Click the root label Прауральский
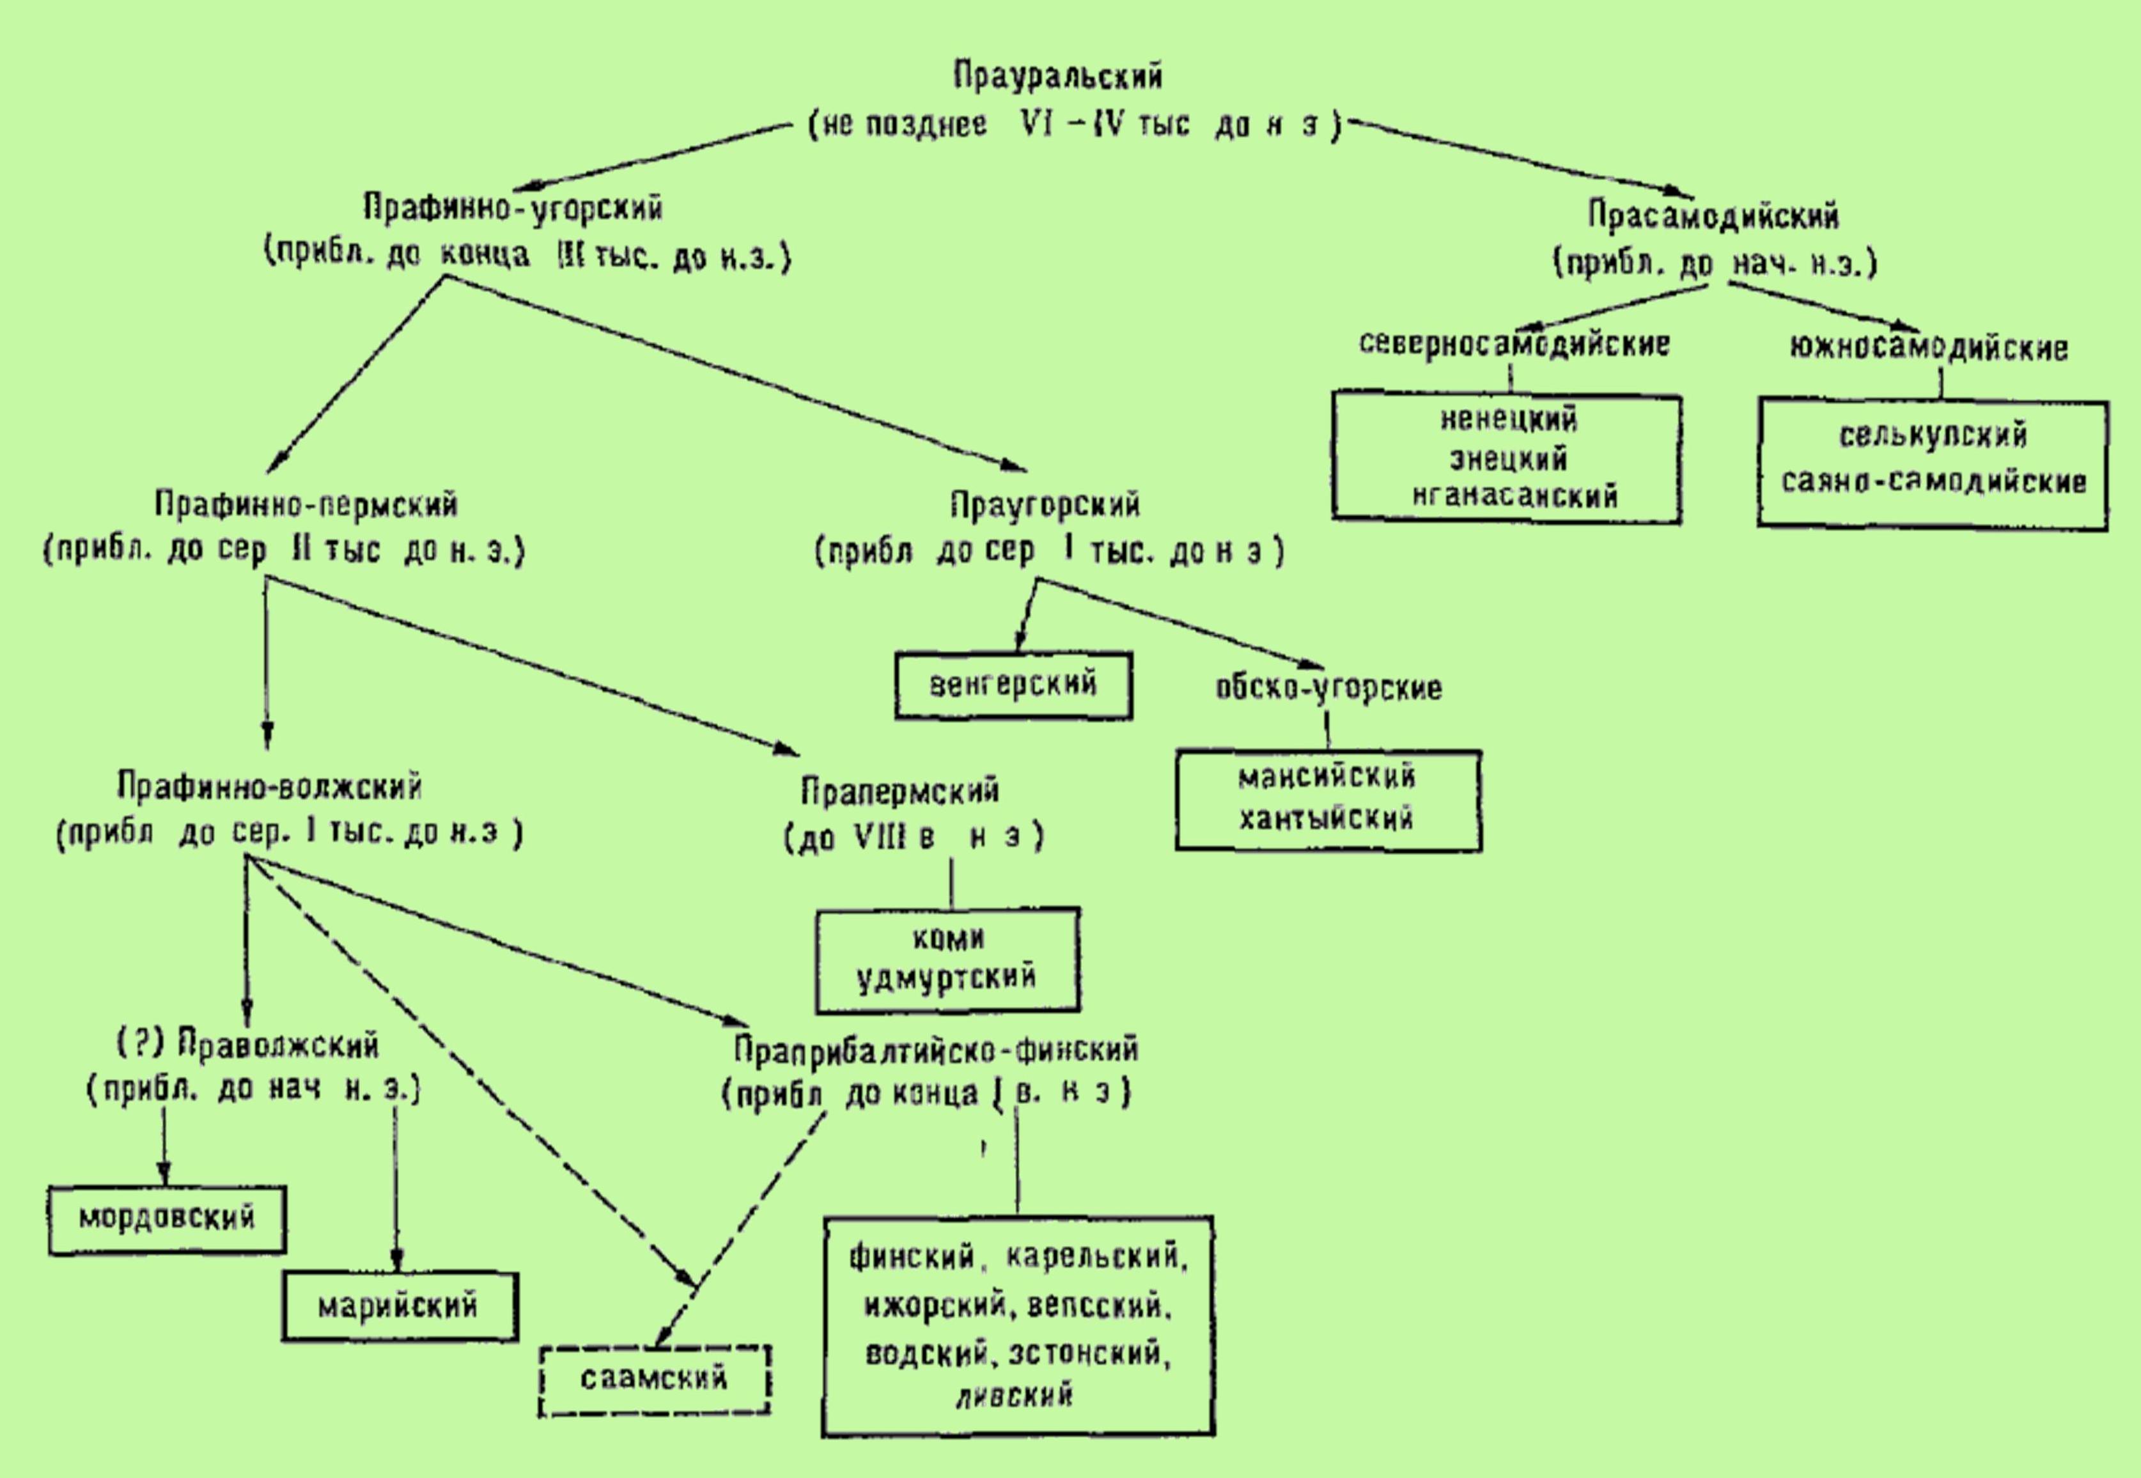pos(1057,76)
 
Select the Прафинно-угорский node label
pos(513,208)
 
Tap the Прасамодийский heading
pos(1713,216)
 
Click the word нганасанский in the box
pos(1515,496)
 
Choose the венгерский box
pos(1013,685)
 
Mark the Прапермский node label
pos(900,792)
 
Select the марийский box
pos(399,1307)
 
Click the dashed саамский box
pos(655,1379)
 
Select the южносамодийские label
pos(1928,349)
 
